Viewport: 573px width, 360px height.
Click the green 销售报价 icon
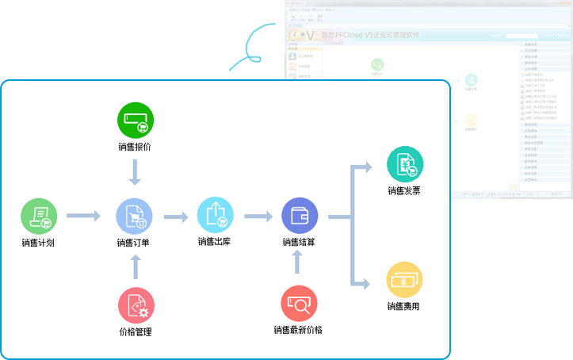(x=136, y=121)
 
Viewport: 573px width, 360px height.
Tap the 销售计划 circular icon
(x=38, y=216)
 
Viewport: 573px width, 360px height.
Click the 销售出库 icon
(x=216, y=215)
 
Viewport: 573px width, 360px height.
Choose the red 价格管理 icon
(x=136, y=304)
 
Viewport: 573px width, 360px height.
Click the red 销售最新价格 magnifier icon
(x=299, y=304)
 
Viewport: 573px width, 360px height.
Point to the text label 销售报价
(x=136, y=147)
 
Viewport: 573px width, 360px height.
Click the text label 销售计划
(x=38, y=243)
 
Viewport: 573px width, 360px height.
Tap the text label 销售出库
(x=215, y=242)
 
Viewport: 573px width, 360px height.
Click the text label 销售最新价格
(x=298, y=330)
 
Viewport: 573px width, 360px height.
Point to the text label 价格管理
(x=135, y=331)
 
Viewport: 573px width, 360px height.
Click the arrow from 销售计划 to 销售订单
(x=83, y=215)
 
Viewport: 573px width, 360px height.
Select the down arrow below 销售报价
(x=136, y=171)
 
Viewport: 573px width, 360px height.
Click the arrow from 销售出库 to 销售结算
(x=258, y=215)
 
